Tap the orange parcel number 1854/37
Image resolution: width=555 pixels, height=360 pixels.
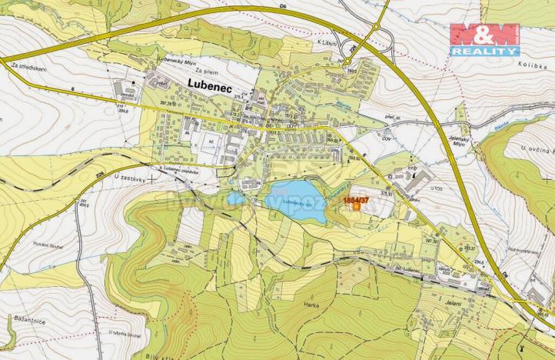[356, 200]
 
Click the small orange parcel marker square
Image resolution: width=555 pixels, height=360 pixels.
[357, 208]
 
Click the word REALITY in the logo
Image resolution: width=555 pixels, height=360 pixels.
[484, 51]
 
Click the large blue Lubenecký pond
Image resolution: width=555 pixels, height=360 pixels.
[297, 202]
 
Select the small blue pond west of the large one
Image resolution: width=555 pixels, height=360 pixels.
[235, 198]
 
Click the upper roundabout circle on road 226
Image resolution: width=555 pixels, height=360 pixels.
[377, 28]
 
